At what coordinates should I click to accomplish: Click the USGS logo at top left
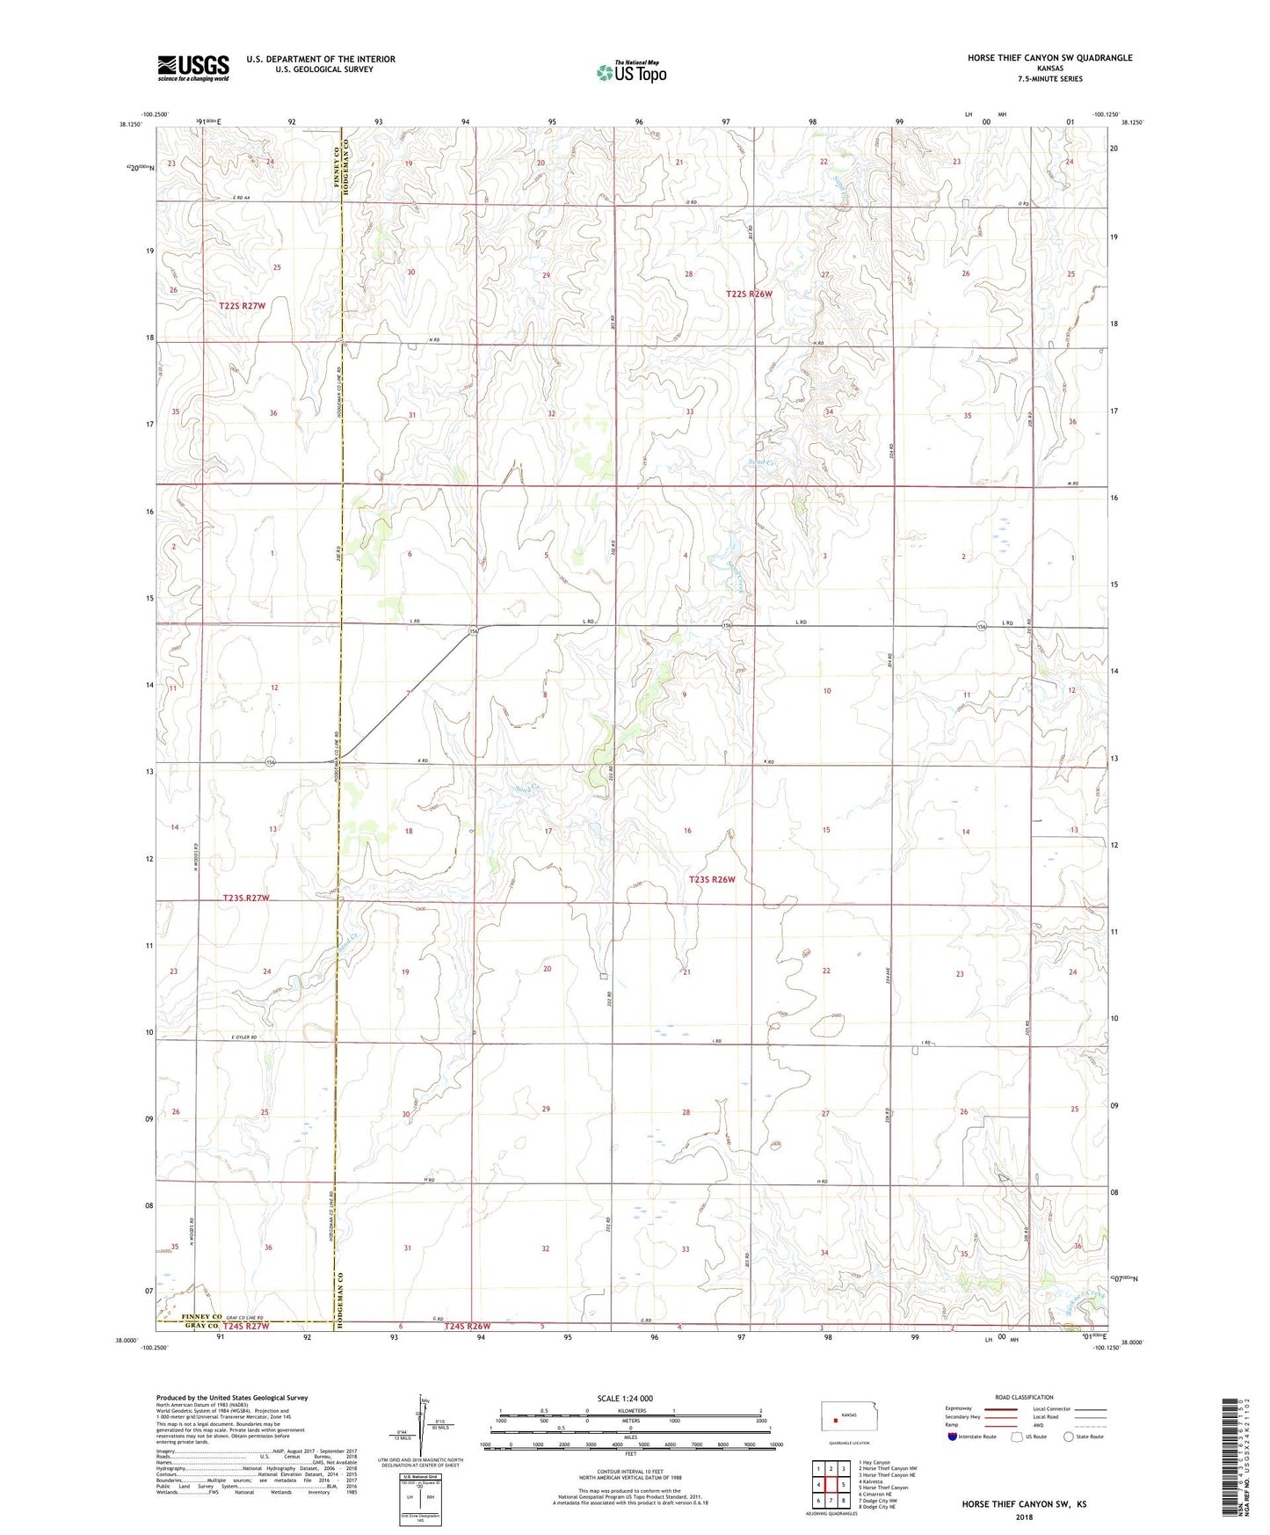pos(193,68)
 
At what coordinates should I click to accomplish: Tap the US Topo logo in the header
pos(631,71)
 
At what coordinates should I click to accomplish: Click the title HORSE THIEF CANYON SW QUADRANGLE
pos(1049,58)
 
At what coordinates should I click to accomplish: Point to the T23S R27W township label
pos(245,898)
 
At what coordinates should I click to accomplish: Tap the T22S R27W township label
pos(242,306)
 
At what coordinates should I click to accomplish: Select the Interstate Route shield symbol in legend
pos(954,1437)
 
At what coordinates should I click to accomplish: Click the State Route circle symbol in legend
pos(1069,1437)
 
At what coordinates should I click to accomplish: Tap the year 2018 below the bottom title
pos(1024,1517)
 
